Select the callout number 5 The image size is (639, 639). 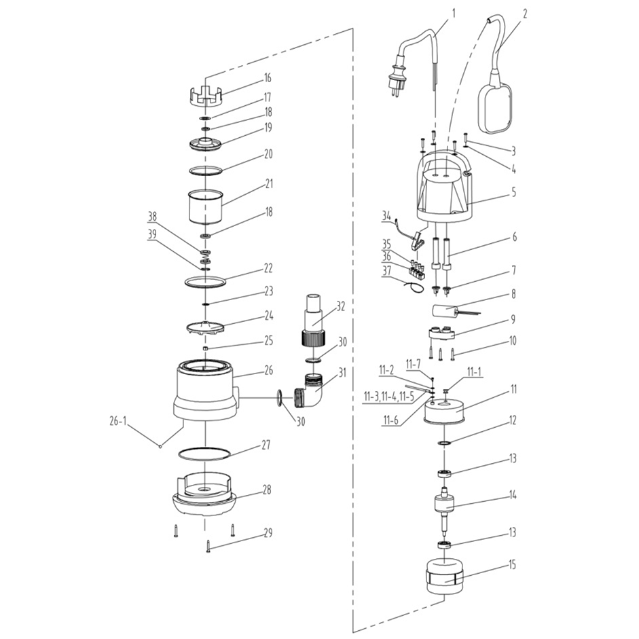pos(513,192)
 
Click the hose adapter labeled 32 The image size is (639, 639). pos(314,319)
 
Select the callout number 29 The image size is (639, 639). pos(268,533)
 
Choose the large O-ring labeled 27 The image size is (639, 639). pos(204,454)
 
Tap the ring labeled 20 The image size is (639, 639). pos(204,169)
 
